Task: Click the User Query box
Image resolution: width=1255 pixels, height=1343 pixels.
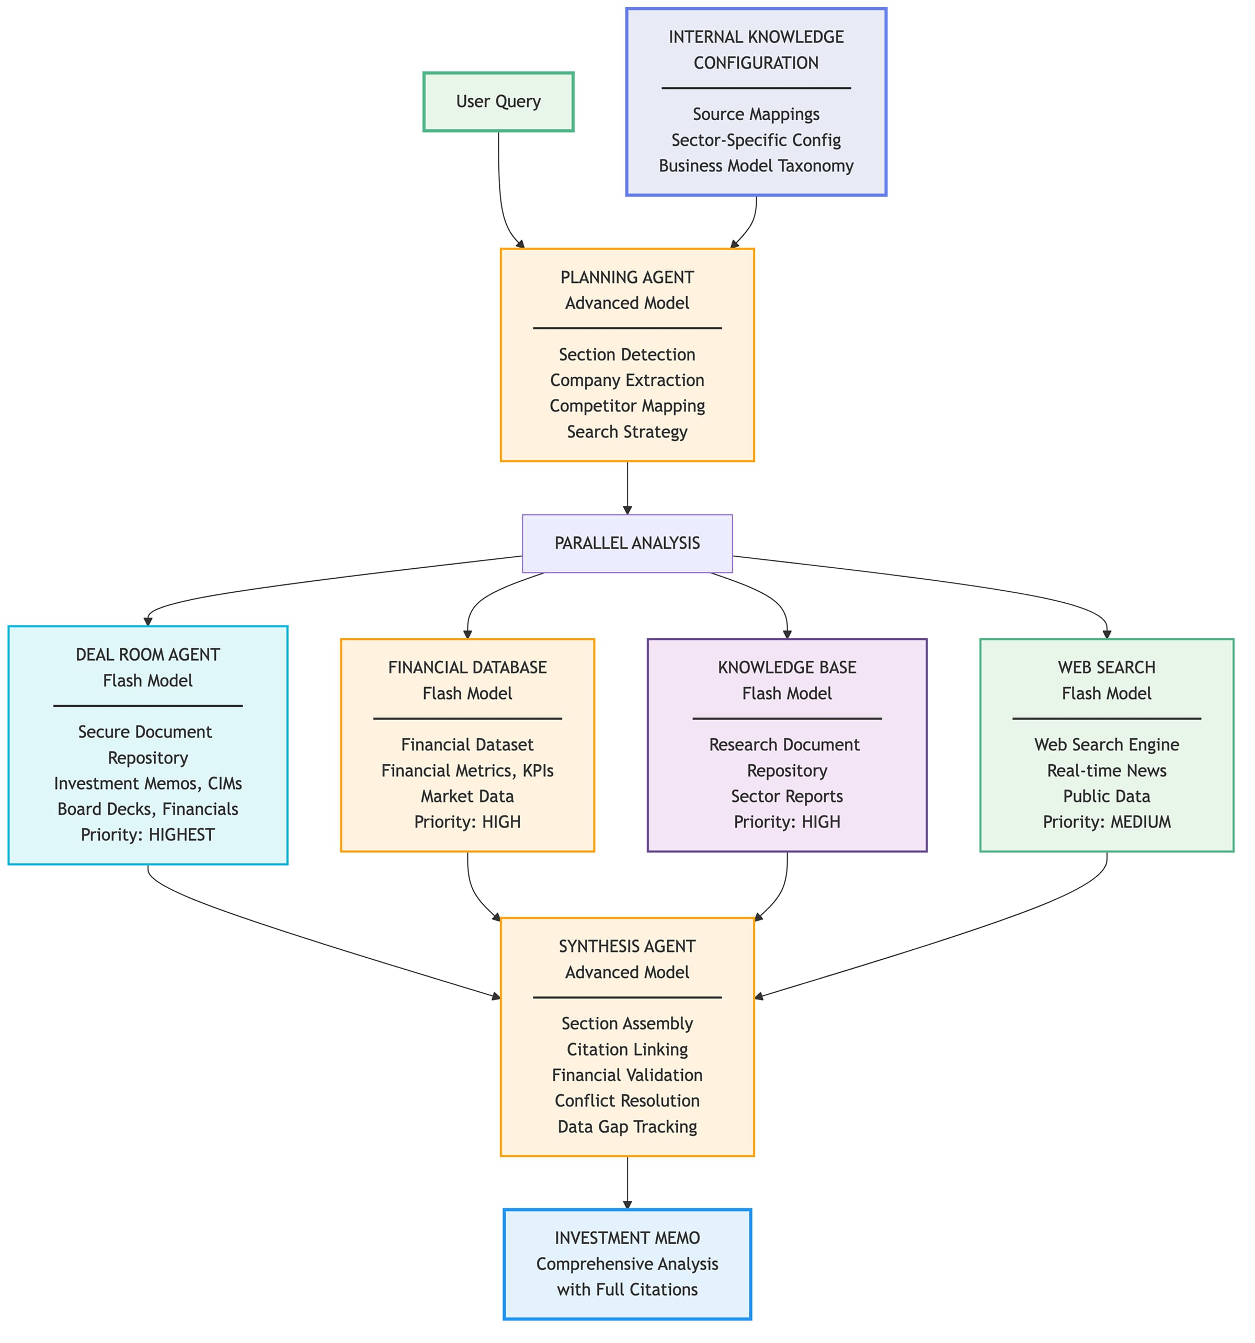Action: pos(498,101)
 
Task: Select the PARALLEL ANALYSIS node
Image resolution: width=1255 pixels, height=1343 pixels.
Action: pos(626,543)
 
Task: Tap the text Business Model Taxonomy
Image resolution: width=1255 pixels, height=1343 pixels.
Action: pos(756,166)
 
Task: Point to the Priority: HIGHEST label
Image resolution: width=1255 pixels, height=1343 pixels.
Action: pos(147,834)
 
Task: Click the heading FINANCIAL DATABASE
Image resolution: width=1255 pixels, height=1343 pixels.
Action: pos(467,668)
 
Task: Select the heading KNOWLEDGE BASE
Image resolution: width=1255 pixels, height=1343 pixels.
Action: pos(786,668)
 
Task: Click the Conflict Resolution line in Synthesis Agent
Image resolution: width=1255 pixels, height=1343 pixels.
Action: pos(626,1100)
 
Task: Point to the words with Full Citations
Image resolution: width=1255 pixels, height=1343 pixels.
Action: pos(626,1289)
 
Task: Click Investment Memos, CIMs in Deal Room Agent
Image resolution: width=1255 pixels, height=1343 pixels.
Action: pos(147,783)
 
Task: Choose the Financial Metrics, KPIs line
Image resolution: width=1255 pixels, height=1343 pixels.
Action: pos(467,770)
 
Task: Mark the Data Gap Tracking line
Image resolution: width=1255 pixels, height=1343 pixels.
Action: pos(626,1126)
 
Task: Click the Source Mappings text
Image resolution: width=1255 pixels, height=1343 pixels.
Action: pos(756,114)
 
